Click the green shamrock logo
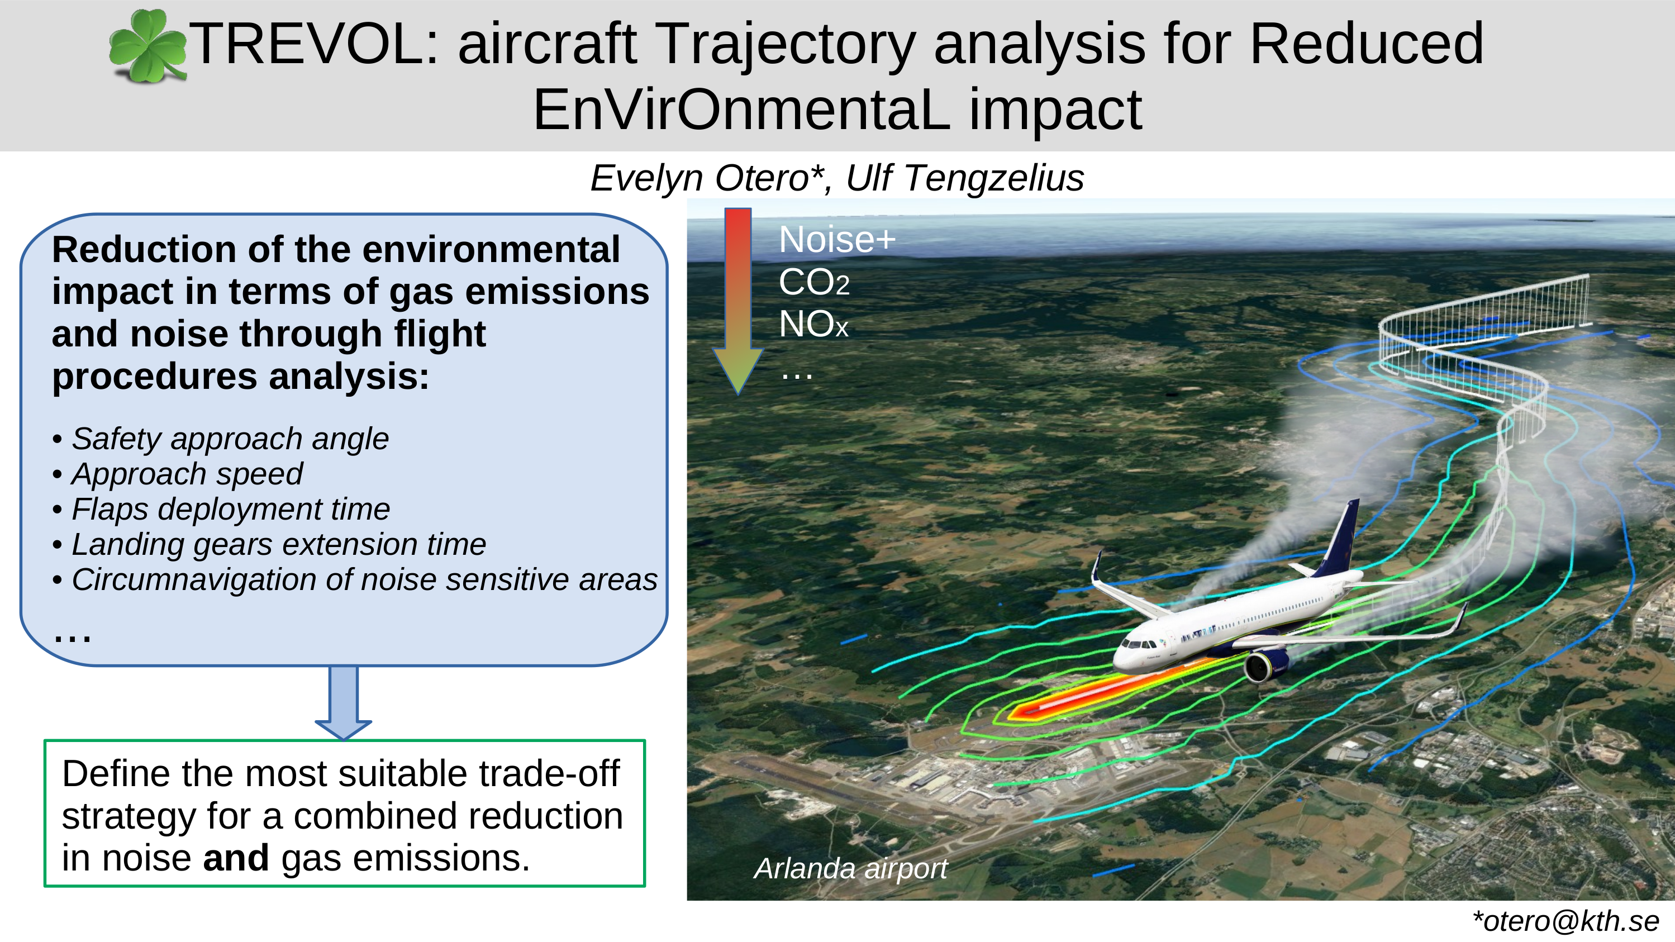coord(147,47)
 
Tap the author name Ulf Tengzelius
coord(964,178)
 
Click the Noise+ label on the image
coord(837,239)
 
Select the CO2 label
coord(814,282)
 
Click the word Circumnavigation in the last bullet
coord(211,579)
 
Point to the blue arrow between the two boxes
coord(343,703)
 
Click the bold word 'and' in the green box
coord(235,858)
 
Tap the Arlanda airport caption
coord(850,869)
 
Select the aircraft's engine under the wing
coord(1265,667)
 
